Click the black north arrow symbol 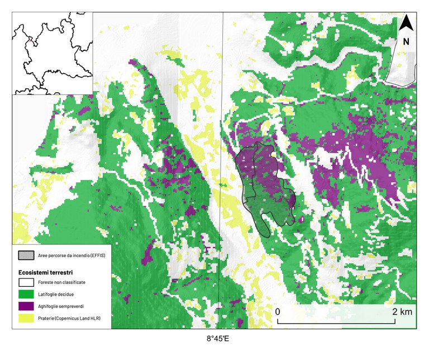(407, 24)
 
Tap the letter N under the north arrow (406, 41)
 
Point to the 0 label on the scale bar (278, 311)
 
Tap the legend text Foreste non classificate (62, 283)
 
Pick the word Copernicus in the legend (69, 318)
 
